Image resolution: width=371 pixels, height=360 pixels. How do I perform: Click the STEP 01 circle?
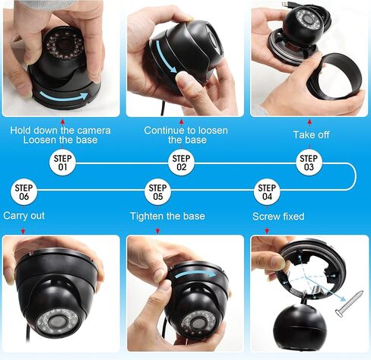(x=63, y=163)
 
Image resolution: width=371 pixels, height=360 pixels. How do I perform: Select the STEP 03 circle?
(x=309, y=163)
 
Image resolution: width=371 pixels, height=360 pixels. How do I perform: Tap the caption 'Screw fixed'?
(x=278, y=216)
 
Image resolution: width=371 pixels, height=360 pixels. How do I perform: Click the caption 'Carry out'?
(x=24, y=216)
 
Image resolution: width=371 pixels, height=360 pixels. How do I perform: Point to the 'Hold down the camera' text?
(x=60, y=130)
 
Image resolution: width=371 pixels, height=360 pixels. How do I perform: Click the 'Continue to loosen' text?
(x=185, y=130)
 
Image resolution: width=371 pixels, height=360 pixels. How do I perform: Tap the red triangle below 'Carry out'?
(x=24, y=230)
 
